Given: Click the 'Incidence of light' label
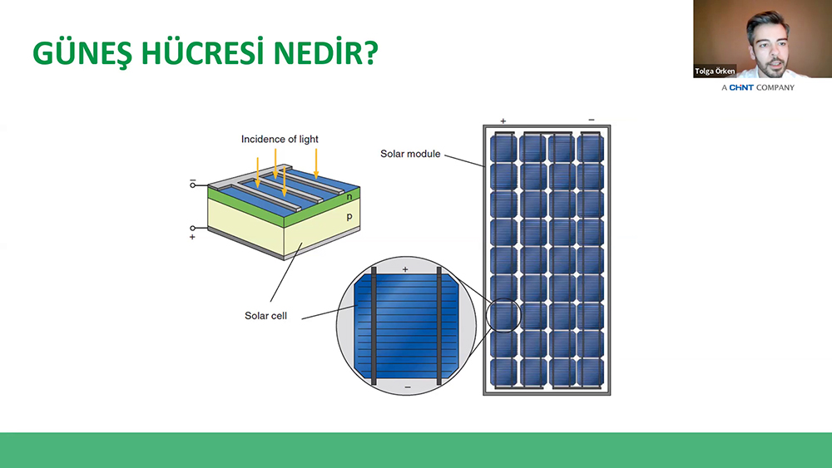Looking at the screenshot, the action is [x=280, y=139].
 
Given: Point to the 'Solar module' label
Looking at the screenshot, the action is [x=410, y=154].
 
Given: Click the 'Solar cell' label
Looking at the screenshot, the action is [x=265, y=315].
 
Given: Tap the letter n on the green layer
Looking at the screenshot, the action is [x=349, y=197].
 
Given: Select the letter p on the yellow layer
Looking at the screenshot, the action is [x=349, y=216].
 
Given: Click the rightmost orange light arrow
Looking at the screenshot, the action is [x=316, y=163].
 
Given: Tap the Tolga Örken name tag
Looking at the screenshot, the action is [x=715, y=71].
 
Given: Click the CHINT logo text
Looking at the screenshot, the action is [x=741, y=87].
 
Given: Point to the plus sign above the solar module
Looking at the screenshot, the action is [x=503, y=121].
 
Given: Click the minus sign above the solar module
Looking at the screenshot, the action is [x=592, y=120].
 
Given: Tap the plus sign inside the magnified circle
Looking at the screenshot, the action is [x=405, y=269].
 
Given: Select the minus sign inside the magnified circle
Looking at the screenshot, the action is [x=408, y=387].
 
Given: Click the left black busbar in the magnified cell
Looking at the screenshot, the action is [x=374, y=326].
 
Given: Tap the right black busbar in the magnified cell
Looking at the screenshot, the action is [x=438, y=326].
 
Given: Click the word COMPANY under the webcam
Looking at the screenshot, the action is [x=775, y=87].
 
